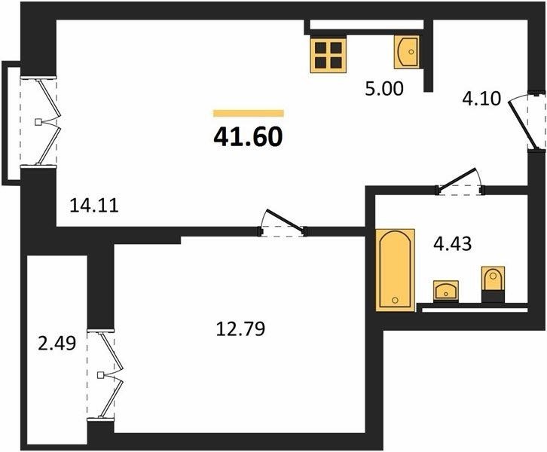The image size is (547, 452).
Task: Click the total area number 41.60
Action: [x=248, y=137]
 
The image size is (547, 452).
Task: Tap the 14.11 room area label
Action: [x=94, y=205]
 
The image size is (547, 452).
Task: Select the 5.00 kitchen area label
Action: [x=384, y=89]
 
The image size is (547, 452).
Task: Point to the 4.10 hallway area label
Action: [x=481, y=99]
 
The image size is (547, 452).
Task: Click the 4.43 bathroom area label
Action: [x=453, y=243]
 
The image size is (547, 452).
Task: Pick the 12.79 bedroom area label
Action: [x=240, y=328]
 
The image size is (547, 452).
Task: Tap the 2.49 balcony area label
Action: [x=57, y=344]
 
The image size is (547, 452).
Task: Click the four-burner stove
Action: [x=329, y=55]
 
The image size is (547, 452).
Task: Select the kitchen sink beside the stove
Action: [x=407, y=51]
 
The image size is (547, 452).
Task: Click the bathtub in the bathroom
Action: [x=396, y=269]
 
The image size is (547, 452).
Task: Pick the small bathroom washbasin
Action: [x=446, y=291]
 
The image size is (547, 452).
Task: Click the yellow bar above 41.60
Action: [x=249, y=113]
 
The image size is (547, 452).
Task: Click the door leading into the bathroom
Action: [x=460, y=182]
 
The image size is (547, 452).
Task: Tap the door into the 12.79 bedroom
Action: [x=283, y=223]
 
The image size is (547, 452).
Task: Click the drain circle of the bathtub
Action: [x=396, y=300]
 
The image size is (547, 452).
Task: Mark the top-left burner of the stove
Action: [x=321, y=47]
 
